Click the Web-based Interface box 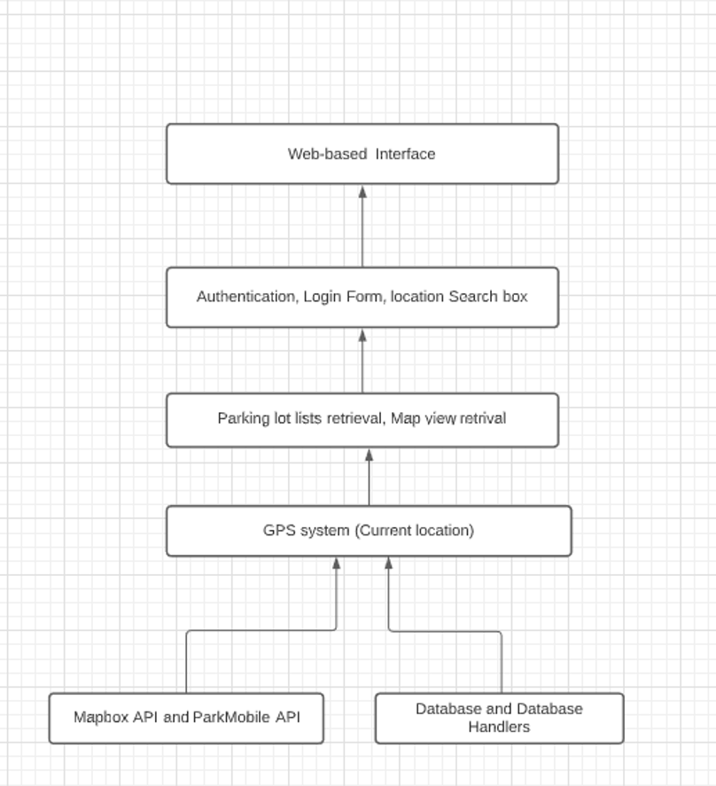[x=362, y=154]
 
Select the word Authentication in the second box [x=246, y=297]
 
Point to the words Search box [x=488, y=296]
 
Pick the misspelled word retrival [x=483, y=418]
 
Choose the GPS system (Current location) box [x=369, y=531]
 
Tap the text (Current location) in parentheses [x=414, y=530]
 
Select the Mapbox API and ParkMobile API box [x=186, y=719]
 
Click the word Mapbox [x=101, y=718]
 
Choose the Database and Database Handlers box [x=500, y=719]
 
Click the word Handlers [x=499, y=727]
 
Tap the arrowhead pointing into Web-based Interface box [x=362, y=191]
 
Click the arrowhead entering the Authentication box [x=362, y=335]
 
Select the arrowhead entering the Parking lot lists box [x=369, y=455]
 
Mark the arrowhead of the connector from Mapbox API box [x=337, y=564]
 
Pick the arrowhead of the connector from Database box [x=389, y=564]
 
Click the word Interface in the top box [x=405, y=154]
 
